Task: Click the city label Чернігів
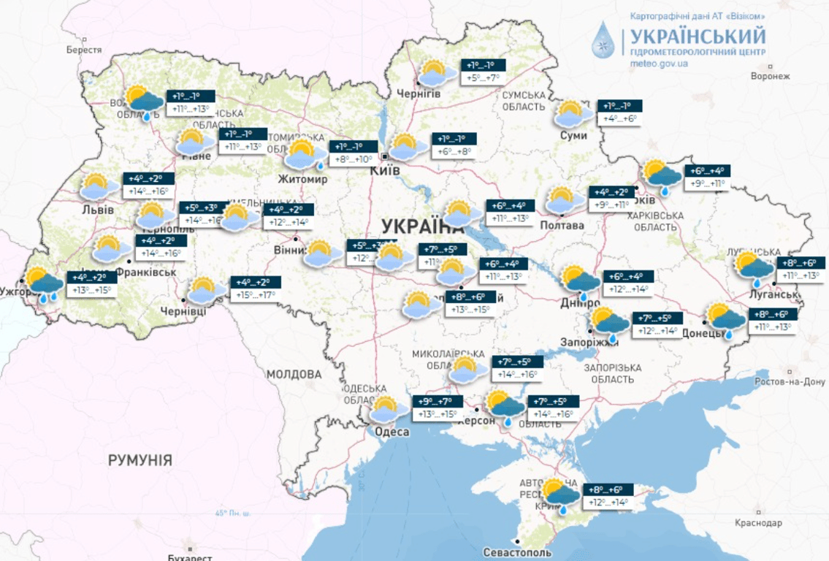419,94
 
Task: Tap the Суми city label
574,135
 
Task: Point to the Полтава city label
562,225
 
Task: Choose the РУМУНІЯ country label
140,460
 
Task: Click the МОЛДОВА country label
294,374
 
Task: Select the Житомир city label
302,178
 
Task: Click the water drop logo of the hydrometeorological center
603,39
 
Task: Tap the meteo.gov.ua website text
659,64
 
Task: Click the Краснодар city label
757,523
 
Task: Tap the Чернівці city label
183,311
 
